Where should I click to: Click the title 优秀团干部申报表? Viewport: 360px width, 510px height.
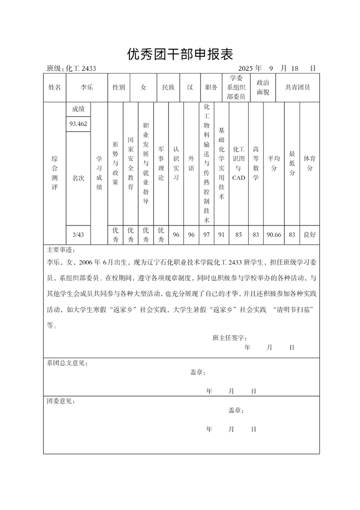[180, 55]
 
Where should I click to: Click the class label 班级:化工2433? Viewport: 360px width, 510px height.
[71, 69]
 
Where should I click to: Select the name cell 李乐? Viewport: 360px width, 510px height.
[87, 87]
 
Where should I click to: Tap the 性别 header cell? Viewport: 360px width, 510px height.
[119, 87]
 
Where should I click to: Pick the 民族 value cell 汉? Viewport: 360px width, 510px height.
[190, 87]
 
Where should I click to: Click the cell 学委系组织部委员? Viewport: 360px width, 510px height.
[236, 87]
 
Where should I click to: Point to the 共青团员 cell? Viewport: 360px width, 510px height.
[297, 87]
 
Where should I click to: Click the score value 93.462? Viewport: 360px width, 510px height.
[78, 124]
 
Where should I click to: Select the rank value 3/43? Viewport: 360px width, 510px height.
[78, 234]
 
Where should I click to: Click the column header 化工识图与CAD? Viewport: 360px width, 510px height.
[238, 163]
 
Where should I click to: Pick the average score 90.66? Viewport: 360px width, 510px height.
[274, 234]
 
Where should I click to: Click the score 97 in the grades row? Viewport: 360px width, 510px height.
[207, 234]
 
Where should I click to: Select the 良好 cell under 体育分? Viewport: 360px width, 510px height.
[310, 234]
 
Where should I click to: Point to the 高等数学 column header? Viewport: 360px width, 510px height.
[256, 163]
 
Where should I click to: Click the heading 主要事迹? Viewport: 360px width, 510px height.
[61, 250]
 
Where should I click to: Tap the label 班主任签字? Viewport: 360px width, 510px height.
[229, 338]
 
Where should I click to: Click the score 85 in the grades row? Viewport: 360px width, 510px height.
[238, 234]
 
